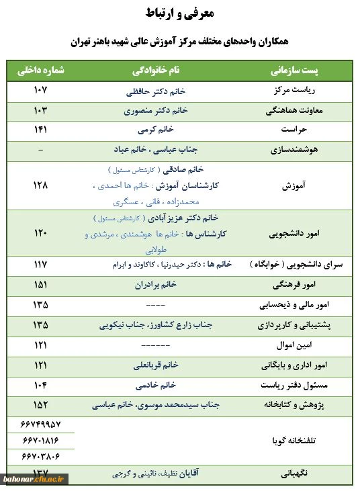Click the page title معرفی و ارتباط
(179, 13)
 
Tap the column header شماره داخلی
(40, 71)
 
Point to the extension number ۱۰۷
(40, 90)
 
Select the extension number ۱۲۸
(40, 185)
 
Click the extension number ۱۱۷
(40, 265)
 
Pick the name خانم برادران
(159, 285)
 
